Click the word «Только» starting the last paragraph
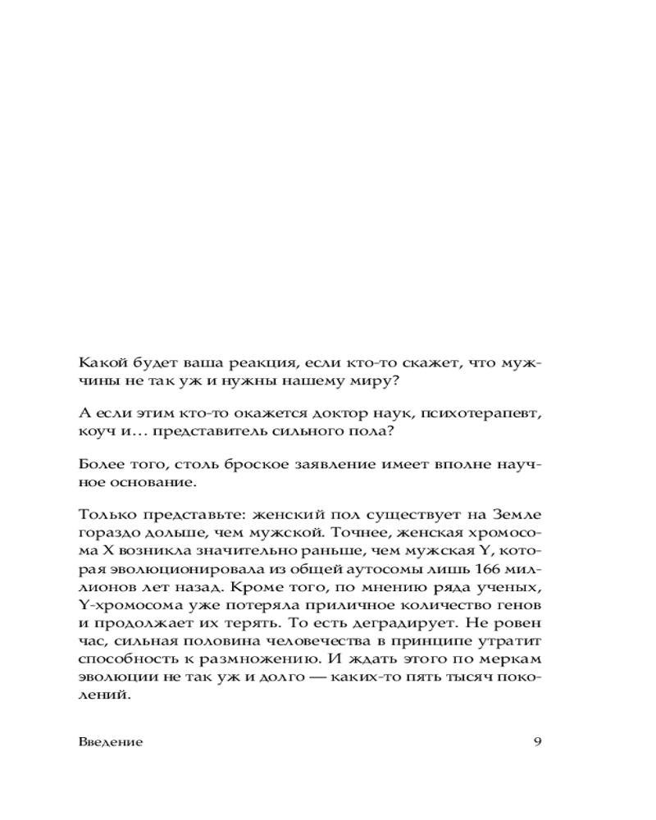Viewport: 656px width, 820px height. [104, 516]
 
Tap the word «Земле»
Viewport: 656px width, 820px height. [515, 516]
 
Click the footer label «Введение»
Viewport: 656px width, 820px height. [112, 742]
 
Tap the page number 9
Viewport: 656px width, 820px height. [537, 742]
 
